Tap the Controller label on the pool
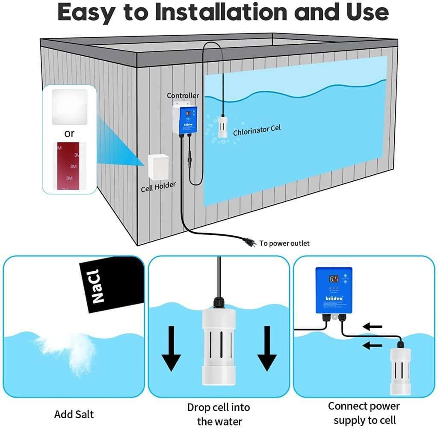(x=183, y=96)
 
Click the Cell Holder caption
(x=158, y=187)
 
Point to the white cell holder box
(x=159, y=167)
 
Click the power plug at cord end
(x=250, y=243)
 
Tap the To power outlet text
(x=284, y=243)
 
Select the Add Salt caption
(x=74, y=414)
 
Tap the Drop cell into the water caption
(x=218, y=414)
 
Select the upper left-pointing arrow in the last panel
(x=372, y=327)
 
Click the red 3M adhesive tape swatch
(x=69, y=166)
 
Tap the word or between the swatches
(x=69, y=134)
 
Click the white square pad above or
(x=69, y=107)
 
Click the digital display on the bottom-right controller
(x=334, y=279)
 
